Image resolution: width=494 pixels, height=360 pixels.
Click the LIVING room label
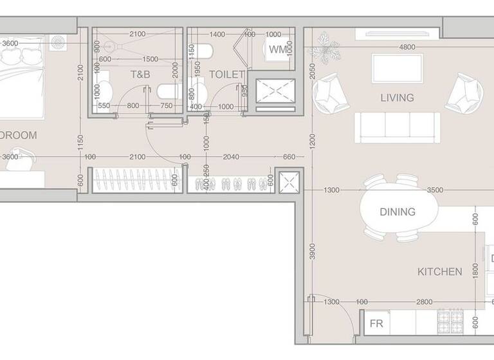(397, 98)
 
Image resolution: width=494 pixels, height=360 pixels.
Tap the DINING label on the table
(397, 212)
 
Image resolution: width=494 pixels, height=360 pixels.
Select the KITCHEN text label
(440, 271)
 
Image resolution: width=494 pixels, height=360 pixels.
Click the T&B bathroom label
(140, 75)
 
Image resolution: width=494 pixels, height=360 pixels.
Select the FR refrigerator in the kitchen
(377, 323)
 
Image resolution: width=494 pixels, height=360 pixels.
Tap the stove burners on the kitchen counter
(450, 319)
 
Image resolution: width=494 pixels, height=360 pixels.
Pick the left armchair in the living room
(330, 93)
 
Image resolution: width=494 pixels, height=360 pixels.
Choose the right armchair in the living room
(464, 93)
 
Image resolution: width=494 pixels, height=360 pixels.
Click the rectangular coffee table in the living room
(397, 68)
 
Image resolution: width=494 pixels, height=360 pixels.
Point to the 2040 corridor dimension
(231, 157)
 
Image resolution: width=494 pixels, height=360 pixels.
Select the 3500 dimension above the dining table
(435, 190)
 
